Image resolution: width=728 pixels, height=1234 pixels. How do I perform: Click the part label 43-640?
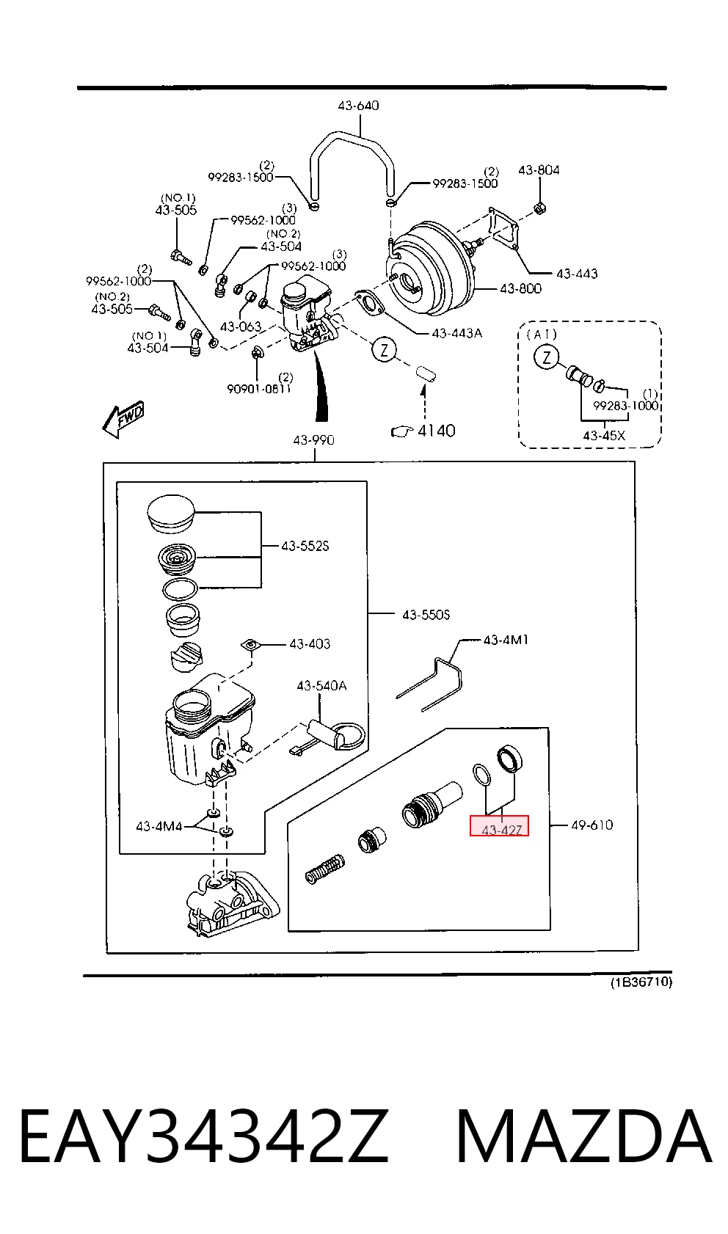click(358, 105)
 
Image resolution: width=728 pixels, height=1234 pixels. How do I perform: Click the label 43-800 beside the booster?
click(520, 288)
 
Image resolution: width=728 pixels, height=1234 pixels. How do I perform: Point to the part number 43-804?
click(539, 170)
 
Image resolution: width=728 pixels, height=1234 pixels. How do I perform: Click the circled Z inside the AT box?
click(546, 357)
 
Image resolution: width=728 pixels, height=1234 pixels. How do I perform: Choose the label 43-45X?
click(604, 435)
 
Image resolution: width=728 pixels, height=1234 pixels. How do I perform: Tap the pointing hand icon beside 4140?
click(401, 431)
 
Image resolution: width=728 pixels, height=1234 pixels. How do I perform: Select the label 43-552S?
click(305, 546)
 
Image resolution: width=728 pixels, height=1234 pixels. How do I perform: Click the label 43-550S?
click(426, 615)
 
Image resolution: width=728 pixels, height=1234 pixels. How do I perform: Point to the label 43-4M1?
click(506, 640)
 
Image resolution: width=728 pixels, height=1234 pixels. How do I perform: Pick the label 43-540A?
click(322, 686)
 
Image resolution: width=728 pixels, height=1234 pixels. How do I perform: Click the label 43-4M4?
click(159, 826)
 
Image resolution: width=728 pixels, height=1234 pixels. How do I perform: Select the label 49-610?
click(592, 825)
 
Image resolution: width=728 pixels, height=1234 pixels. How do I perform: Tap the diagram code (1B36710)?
click(641, 982)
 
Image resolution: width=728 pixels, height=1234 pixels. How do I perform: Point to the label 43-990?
click(313, 440)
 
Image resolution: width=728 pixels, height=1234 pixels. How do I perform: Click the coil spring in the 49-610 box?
click(324, 870)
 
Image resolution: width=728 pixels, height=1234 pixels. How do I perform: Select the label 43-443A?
click(457, 333)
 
